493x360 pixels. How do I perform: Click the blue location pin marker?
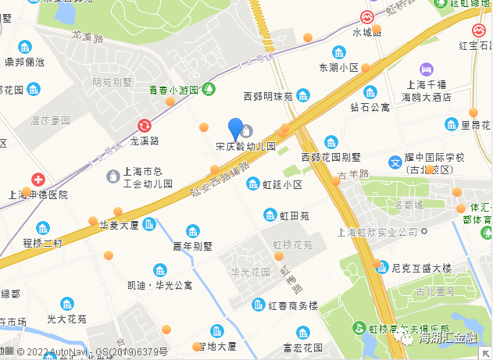(x=235, y=129)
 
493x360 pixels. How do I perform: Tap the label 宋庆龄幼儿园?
(x=246, y=146)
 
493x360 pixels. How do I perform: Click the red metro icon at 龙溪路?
(x=145, y=126)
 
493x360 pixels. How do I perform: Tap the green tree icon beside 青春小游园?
(x=209, y=89)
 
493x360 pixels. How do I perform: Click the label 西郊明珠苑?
(x=267, y=97)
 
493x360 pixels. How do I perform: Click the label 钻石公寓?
(x=370, y=106)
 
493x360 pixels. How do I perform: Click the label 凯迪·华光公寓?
(x=154, y=285)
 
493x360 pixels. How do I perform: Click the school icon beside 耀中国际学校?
(x=395, y=163)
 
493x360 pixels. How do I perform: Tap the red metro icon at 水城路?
(x=366, y=16)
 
